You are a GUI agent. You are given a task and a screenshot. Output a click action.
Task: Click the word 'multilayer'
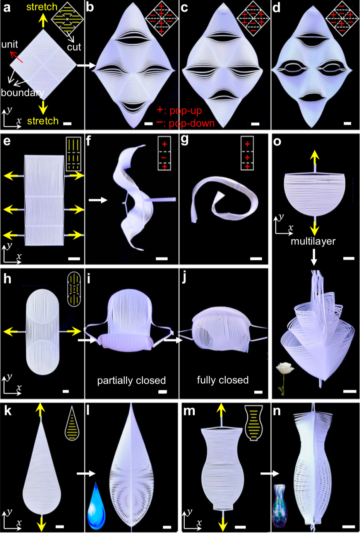313,241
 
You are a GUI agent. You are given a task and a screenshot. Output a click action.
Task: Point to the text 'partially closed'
132,381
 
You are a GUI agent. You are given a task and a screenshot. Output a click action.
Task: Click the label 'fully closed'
223,380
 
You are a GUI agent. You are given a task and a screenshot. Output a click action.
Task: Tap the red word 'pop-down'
192,123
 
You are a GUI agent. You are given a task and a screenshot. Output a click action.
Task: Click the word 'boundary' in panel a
22,93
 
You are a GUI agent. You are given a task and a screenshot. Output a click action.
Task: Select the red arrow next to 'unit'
16,57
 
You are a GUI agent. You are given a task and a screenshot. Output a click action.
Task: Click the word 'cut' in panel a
74,47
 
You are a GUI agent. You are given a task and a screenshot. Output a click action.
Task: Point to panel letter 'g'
185,140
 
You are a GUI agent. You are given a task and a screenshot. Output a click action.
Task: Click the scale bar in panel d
347,123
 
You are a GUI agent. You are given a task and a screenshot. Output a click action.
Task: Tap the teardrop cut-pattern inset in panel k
72,423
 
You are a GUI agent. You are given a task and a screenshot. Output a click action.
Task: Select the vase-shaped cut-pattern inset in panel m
254,423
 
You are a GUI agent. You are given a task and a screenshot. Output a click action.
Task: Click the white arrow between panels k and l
86,473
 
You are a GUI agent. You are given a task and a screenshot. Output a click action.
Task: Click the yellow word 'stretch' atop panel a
42,7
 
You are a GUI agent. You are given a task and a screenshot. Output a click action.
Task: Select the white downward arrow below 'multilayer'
314,257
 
